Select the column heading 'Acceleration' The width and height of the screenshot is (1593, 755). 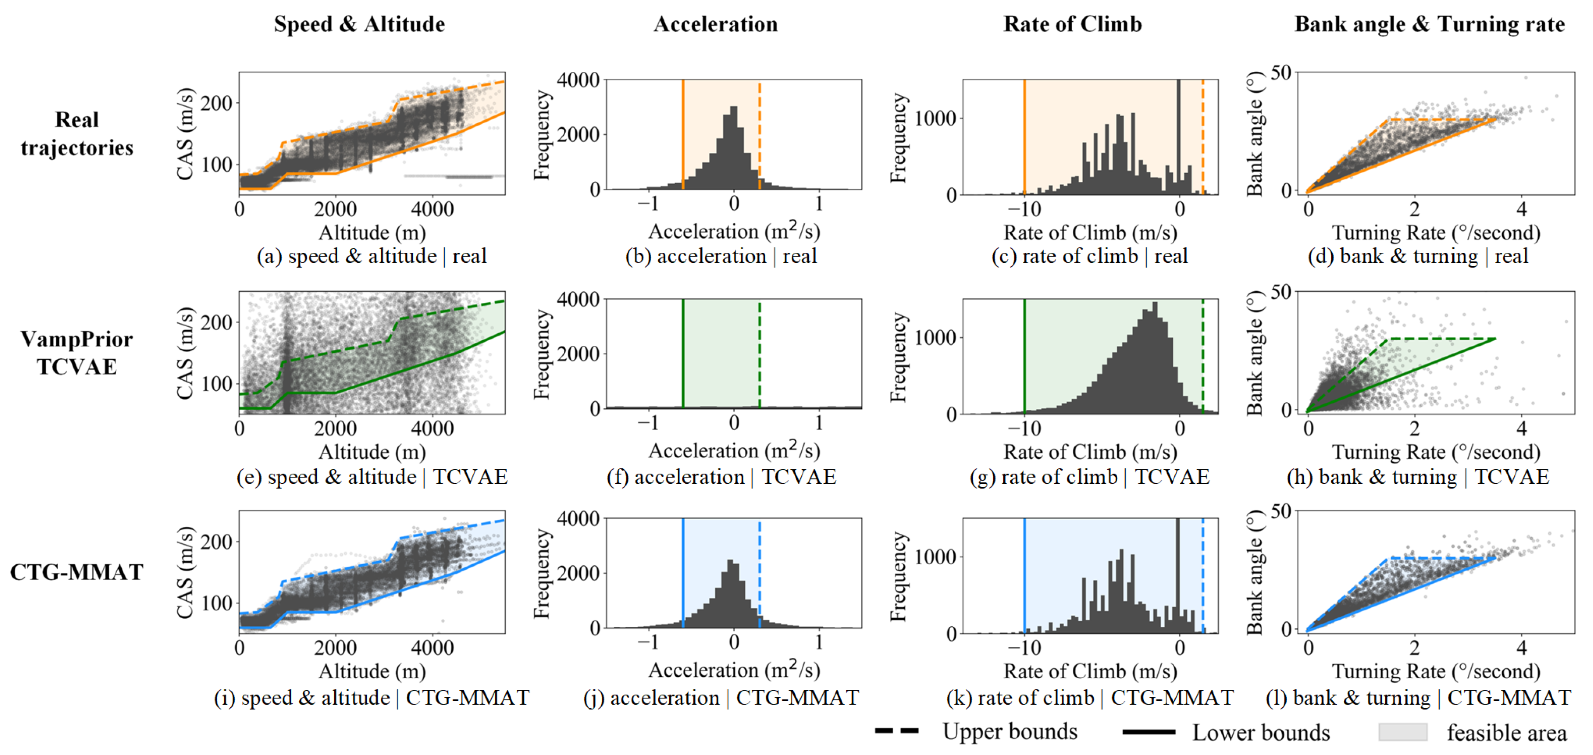716,24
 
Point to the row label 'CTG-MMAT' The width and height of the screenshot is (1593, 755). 77,572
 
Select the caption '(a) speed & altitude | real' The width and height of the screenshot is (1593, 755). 372,256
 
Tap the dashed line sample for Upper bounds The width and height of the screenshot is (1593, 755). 897,731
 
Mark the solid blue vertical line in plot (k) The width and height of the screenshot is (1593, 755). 1024,575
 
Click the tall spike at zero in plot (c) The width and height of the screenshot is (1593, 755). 1178,136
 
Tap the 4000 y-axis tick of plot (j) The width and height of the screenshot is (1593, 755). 578,519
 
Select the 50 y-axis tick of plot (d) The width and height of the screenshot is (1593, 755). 1281,73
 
